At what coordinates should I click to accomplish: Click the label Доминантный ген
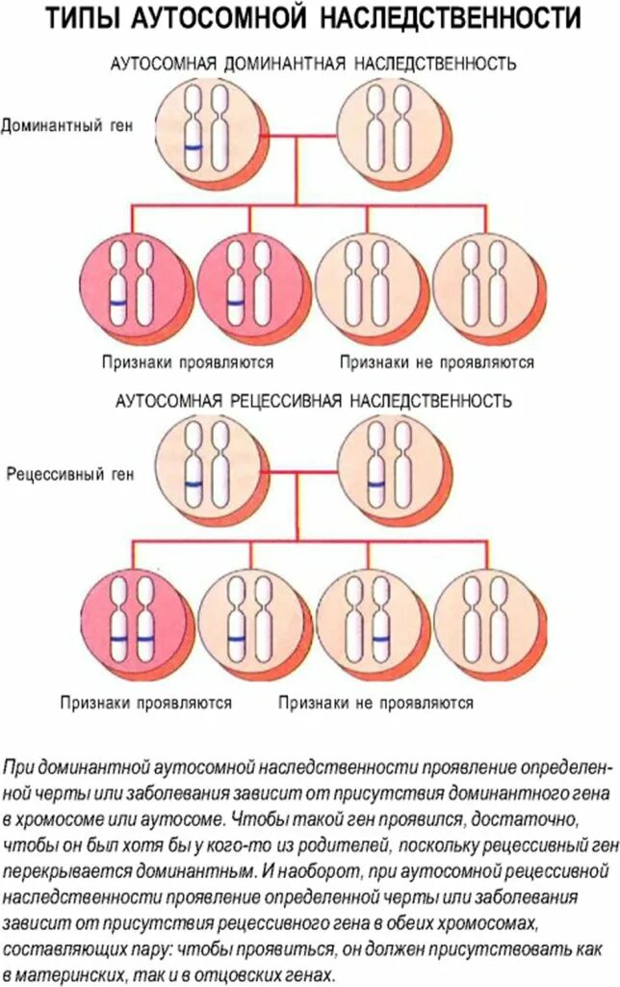tap(65, 125)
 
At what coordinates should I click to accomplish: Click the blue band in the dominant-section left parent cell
tap(194, 147)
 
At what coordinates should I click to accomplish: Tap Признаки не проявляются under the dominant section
tap(436, 363)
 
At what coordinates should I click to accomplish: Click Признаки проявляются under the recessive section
tap(147, 703)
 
